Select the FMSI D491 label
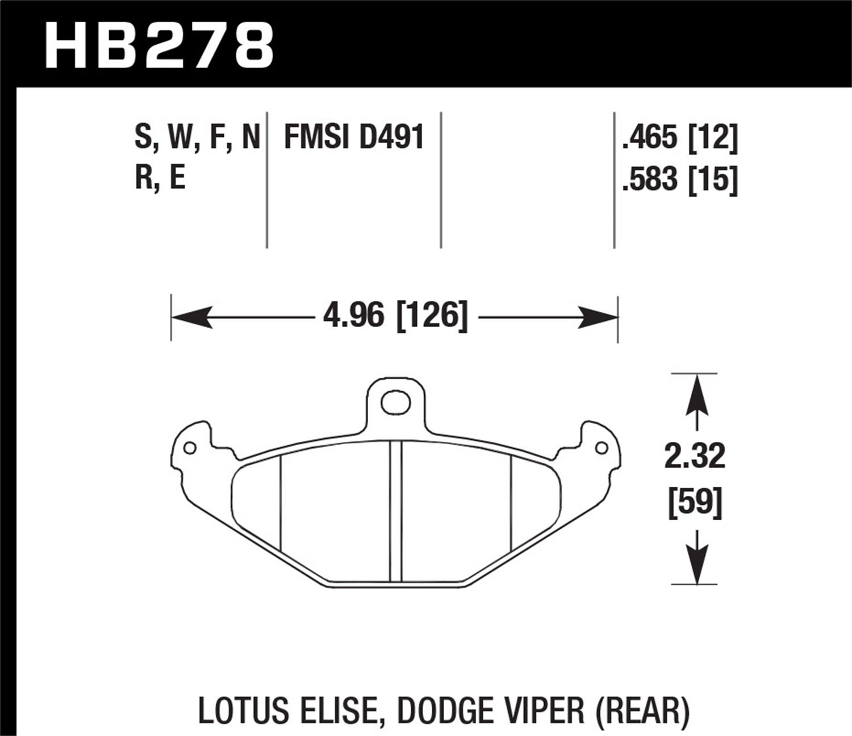click(354, 138)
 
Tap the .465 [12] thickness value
click(680, 138)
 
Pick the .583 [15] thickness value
click(680, 181)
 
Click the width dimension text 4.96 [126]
click(395, 316)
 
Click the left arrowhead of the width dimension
click(190, 316)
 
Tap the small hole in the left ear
click(190, 448)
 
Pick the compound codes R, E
click(160, 179)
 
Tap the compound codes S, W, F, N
click(197, 138)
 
